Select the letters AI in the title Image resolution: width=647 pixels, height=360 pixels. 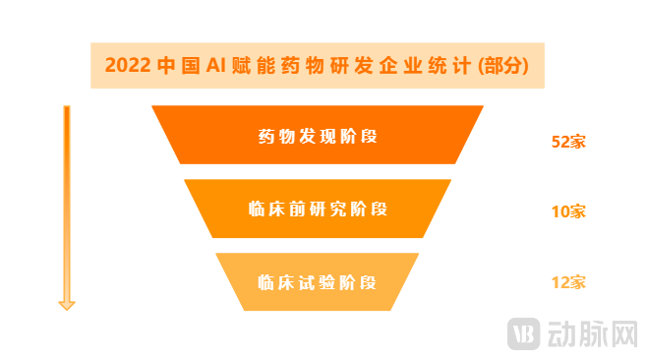click(216, 66)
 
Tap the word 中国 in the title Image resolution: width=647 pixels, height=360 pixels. click(176, 66)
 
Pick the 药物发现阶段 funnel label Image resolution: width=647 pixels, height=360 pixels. click(318, 135)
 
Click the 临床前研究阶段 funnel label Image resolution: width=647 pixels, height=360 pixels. click(318, 209)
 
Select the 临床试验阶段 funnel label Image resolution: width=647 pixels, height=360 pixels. click(318, 282)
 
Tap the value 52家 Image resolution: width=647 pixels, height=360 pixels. click(568, 142)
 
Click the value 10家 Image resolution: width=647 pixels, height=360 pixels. click(568, 211)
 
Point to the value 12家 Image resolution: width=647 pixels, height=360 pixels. click(568, 283)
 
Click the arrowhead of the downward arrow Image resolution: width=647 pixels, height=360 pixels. click(67, 304)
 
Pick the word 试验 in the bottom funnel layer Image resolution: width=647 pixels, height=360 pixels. click(318, 282)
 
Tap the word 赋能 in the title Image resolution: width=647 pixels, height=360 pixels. click(254, 66)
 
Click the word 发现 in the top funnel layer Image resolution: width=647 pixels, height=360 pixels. click(318, 135)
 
